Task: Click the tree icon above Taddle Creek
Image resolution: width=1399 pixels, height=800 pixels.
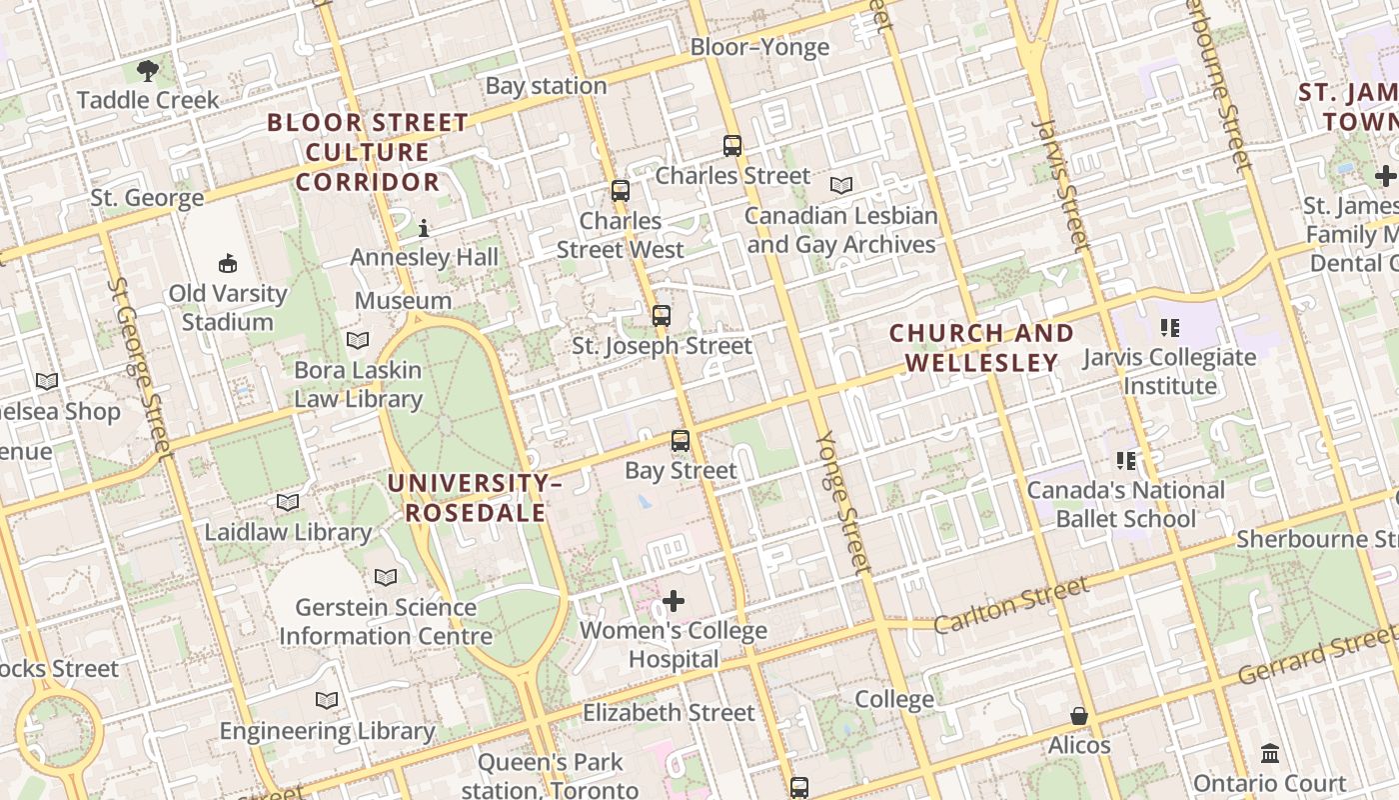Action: click(x=148, y=70)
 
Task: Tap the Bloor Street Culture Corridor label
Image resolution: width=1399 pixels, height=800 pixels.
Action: click(x=368, y=152)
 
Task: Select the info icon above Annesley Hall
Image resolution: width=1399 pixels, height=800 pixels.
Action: click(x=424, y=228)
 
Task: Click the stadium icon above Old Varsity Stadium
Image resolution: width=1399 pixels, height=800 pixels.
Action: click(x=228, y=264)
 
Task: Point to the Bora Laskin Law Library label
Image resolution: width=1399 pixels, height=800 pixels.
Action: click(x=358, y=385)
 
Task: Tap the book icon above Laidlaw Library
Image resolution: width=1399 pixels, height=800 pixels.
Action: click(x=288, y=502)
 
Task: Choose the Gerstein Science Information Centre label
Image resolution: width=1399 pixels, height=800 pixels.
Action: click(x=386, y=621)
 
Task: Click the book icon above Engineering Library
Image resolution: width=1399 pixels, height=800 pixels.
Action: click(x=327, y=701)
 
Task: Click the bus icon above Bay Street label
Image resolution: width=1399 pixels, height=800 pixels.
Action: click(x=681, y=441)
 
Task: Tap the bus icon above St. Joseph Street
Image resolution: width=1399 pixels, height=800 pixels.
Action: click(x=661, y=316)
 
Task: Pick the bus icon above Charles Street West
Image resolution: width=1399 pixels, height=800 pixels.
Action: click(x=621, y=191)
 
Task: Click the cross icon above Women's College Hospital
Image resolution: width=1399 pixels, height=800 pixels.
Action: click(x=675, y=601)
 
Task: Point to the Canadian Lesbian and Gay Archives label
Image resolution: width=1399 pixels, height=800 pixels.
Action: click(x=841, y=230)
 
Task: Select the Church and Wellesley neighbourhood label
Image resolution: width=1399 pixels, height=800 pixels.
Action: click(x=981, y=347)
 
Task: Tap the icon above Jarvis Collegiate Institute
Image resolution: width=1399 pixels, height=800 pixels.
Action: click(x=1170, y=328)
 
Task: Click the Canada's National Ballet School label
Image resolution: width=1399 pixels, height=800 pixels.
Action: click(x=1126, y=504)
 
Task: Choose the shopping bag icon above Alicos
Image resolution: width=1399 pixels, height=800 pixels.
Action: click(x=1079, y=716)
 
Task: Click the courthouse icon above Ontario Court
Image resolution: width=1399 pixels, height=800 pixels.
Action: click(x=1270, y=753)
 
